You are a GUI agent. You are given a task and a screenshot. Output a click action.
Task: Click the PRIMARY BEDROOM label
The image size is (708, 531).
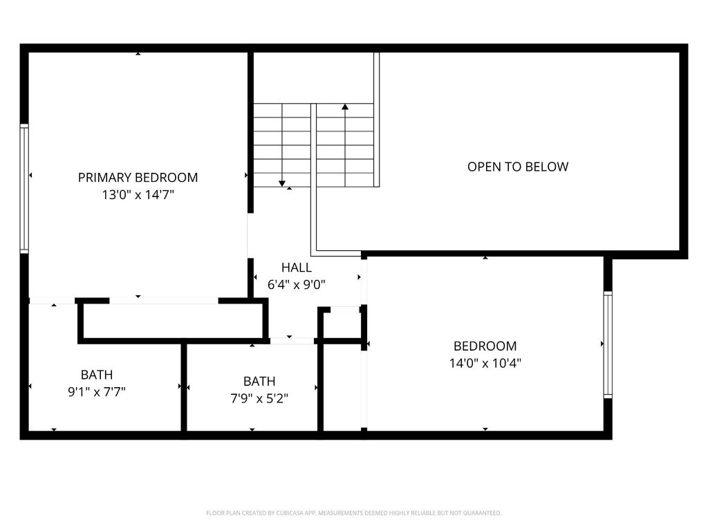pos(138,178)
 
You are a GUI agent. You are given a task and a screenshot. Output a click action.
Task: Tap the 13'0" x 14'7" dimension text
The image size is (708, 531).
pos(138,195)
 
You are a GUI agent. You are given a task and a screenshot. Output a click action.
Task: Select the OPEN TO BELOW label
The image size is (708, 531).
pos(517,167)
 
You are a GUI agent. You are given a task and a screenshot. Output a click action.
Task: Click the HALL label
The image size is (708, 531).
pos(296,268)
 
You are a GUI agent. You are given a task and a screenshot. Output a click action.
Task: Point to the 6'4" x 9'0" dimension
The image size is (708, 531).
pos(296,285)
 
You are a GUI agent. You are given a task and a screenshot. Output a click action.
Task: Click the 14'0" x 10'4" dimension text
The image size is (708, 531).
pos(485,363)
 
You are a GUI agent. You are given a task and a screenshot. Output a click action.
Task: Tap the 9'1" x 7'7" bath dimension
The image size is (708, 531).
pos(97,391)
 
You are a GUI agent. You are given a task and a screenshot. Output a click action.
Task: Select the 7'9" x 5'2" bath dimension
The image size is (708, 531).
pos(259,398)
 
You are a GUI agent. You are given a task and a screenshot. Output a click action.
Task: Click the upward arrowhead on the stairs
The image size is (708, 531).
pos(345,107)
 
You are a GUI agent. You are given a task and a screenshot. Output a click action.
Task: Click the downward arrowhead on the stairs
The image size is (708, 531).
pos(282,183)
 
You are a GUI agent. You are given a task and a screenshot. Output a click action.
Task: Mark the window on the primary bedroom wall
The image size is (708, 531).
pos(24,188)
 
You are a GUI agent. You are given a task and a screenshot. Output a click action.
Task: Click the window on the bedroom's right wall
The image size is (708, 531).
pos(608,344)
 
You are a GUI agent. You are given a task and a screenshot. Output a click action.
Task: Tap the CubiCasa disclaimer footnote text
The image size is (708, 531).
pos(353,513)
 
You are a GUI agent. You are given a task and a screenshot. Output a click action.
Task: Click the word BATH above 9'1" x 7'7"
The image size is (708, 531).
pos(97,375)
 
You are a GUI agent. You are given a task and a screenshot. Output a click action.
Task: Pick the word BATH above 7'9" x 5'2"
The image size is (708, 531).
pos(259,382)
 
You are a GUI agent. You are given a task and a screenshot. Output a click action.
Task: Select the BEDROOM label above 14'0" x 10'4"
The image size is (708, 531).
pos(485,346)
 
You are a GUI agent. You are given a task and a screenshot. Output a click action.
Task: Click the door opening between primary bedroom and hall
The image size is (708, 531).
pos(250,235)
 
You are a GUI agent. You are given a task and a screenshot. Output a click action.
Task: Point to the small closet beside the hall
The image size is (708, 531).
pos(342,324)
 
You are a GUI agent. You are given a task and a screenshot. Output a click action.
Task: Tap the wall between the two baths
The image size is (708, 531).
pos(184,387)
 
